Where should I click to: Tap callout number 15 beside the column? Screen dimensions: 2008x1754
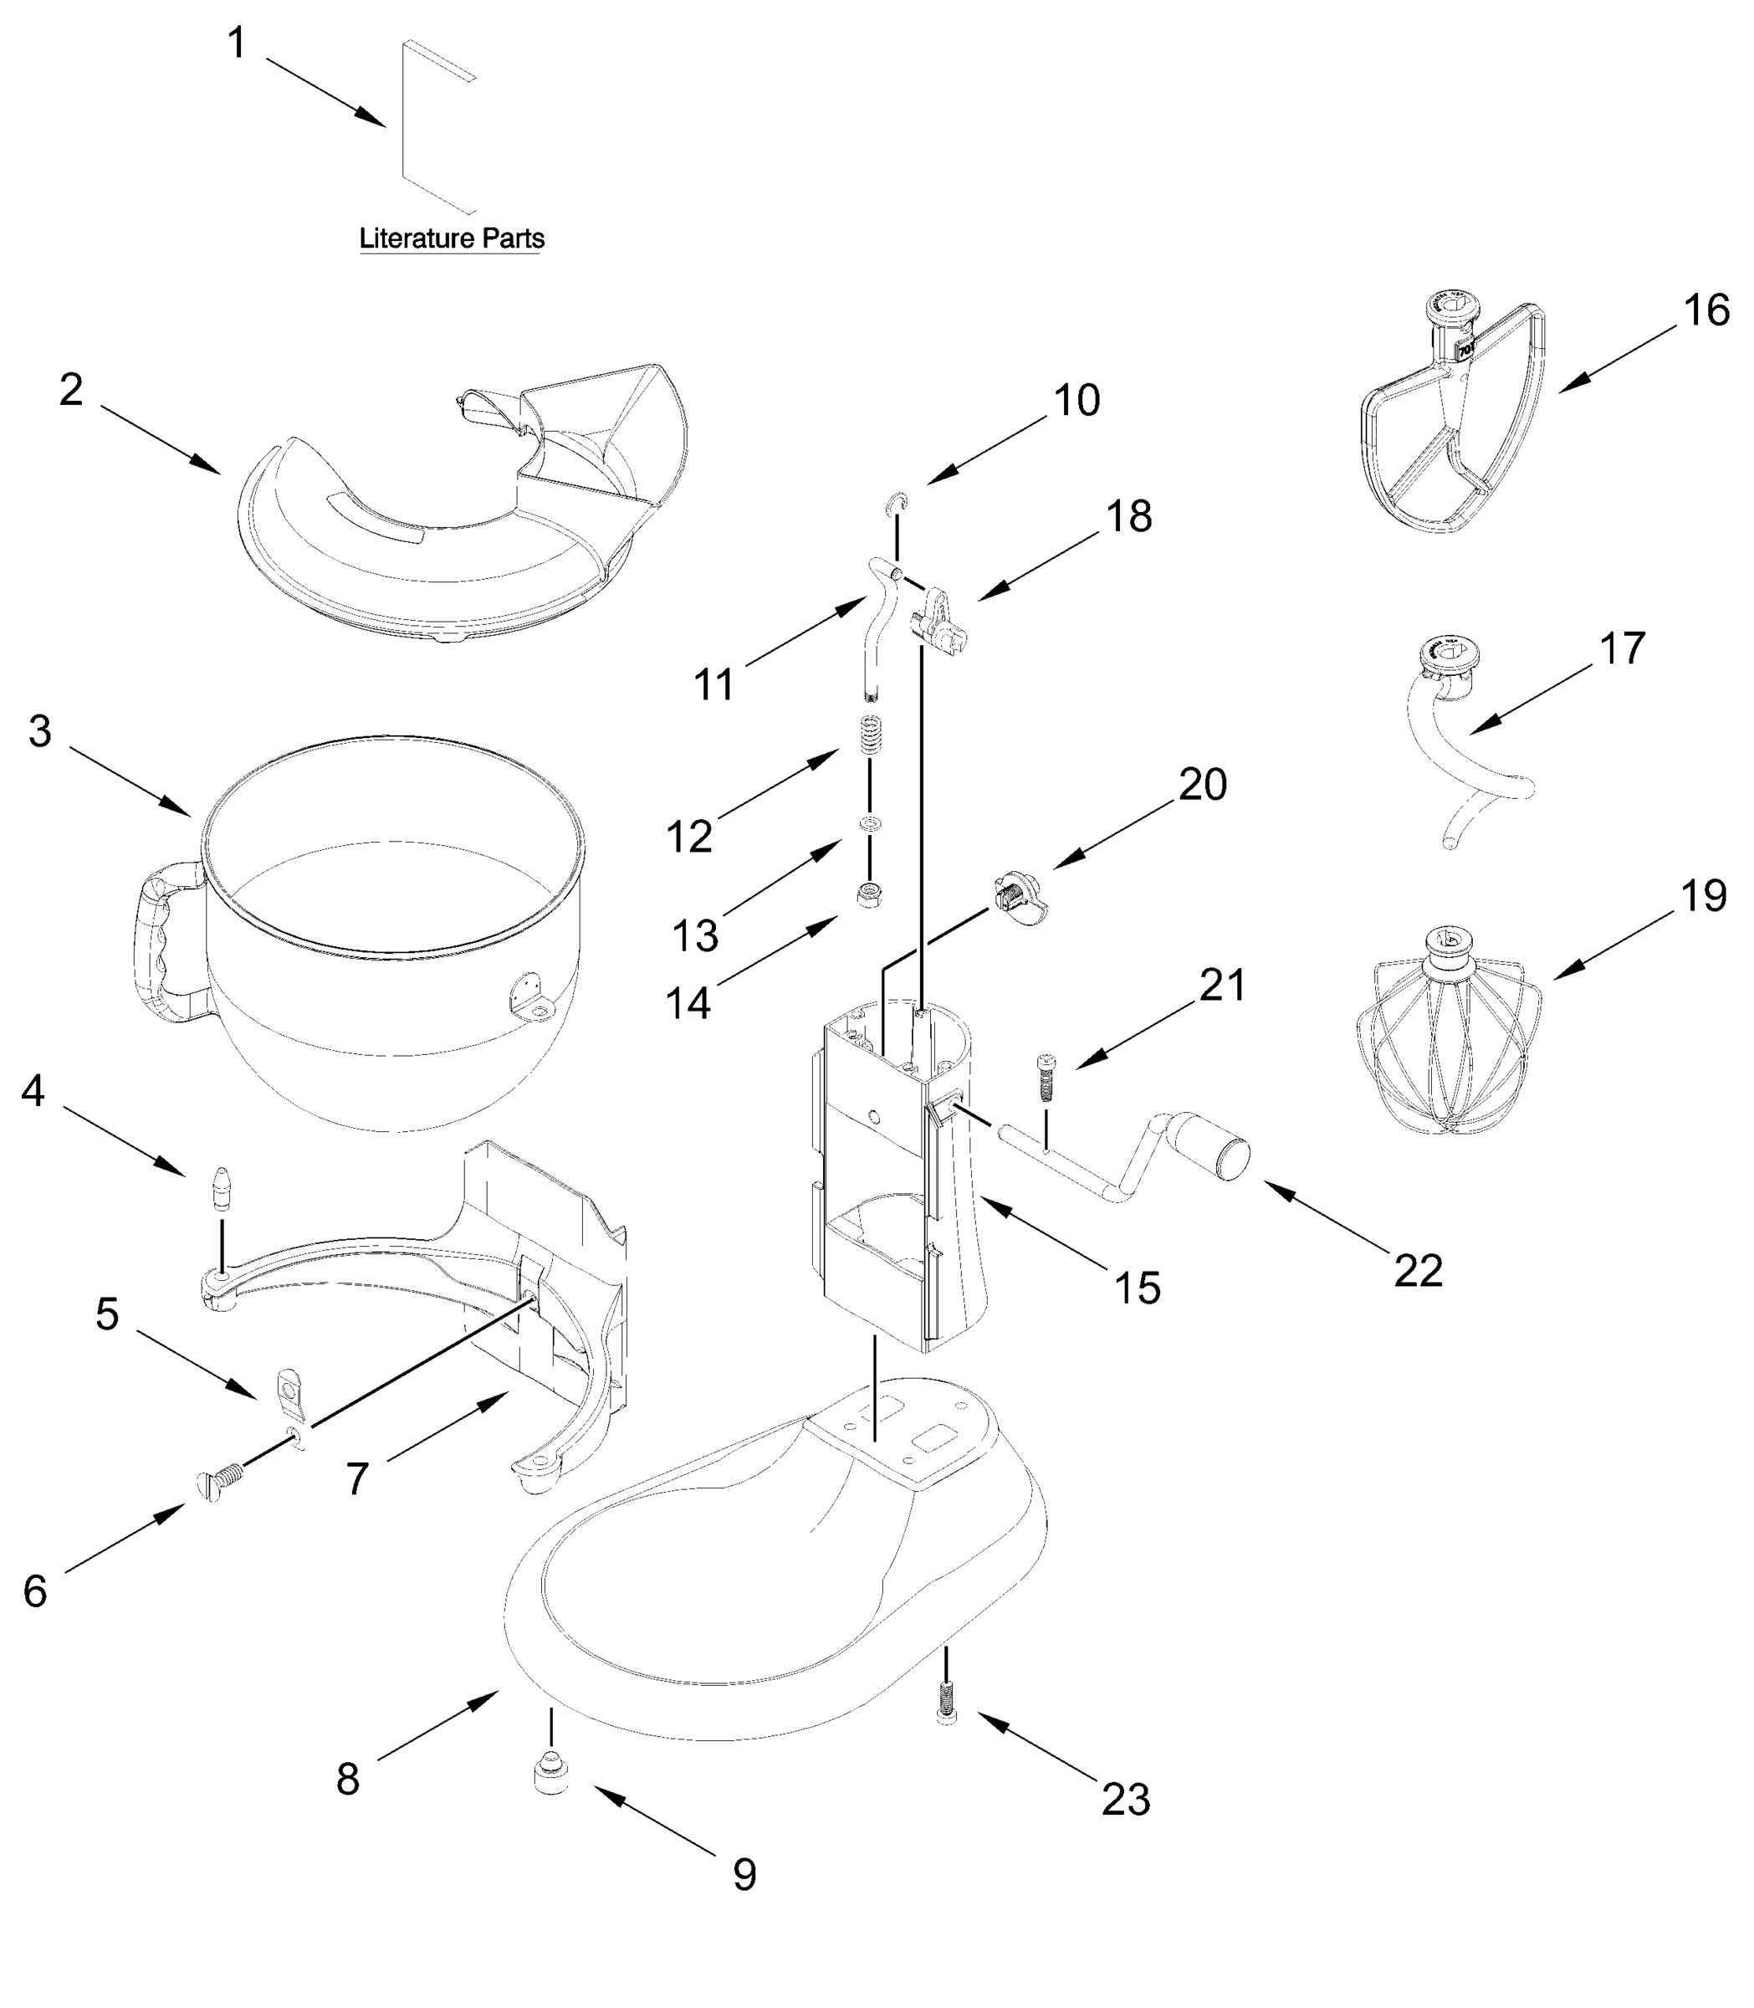point(1137,1287)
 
